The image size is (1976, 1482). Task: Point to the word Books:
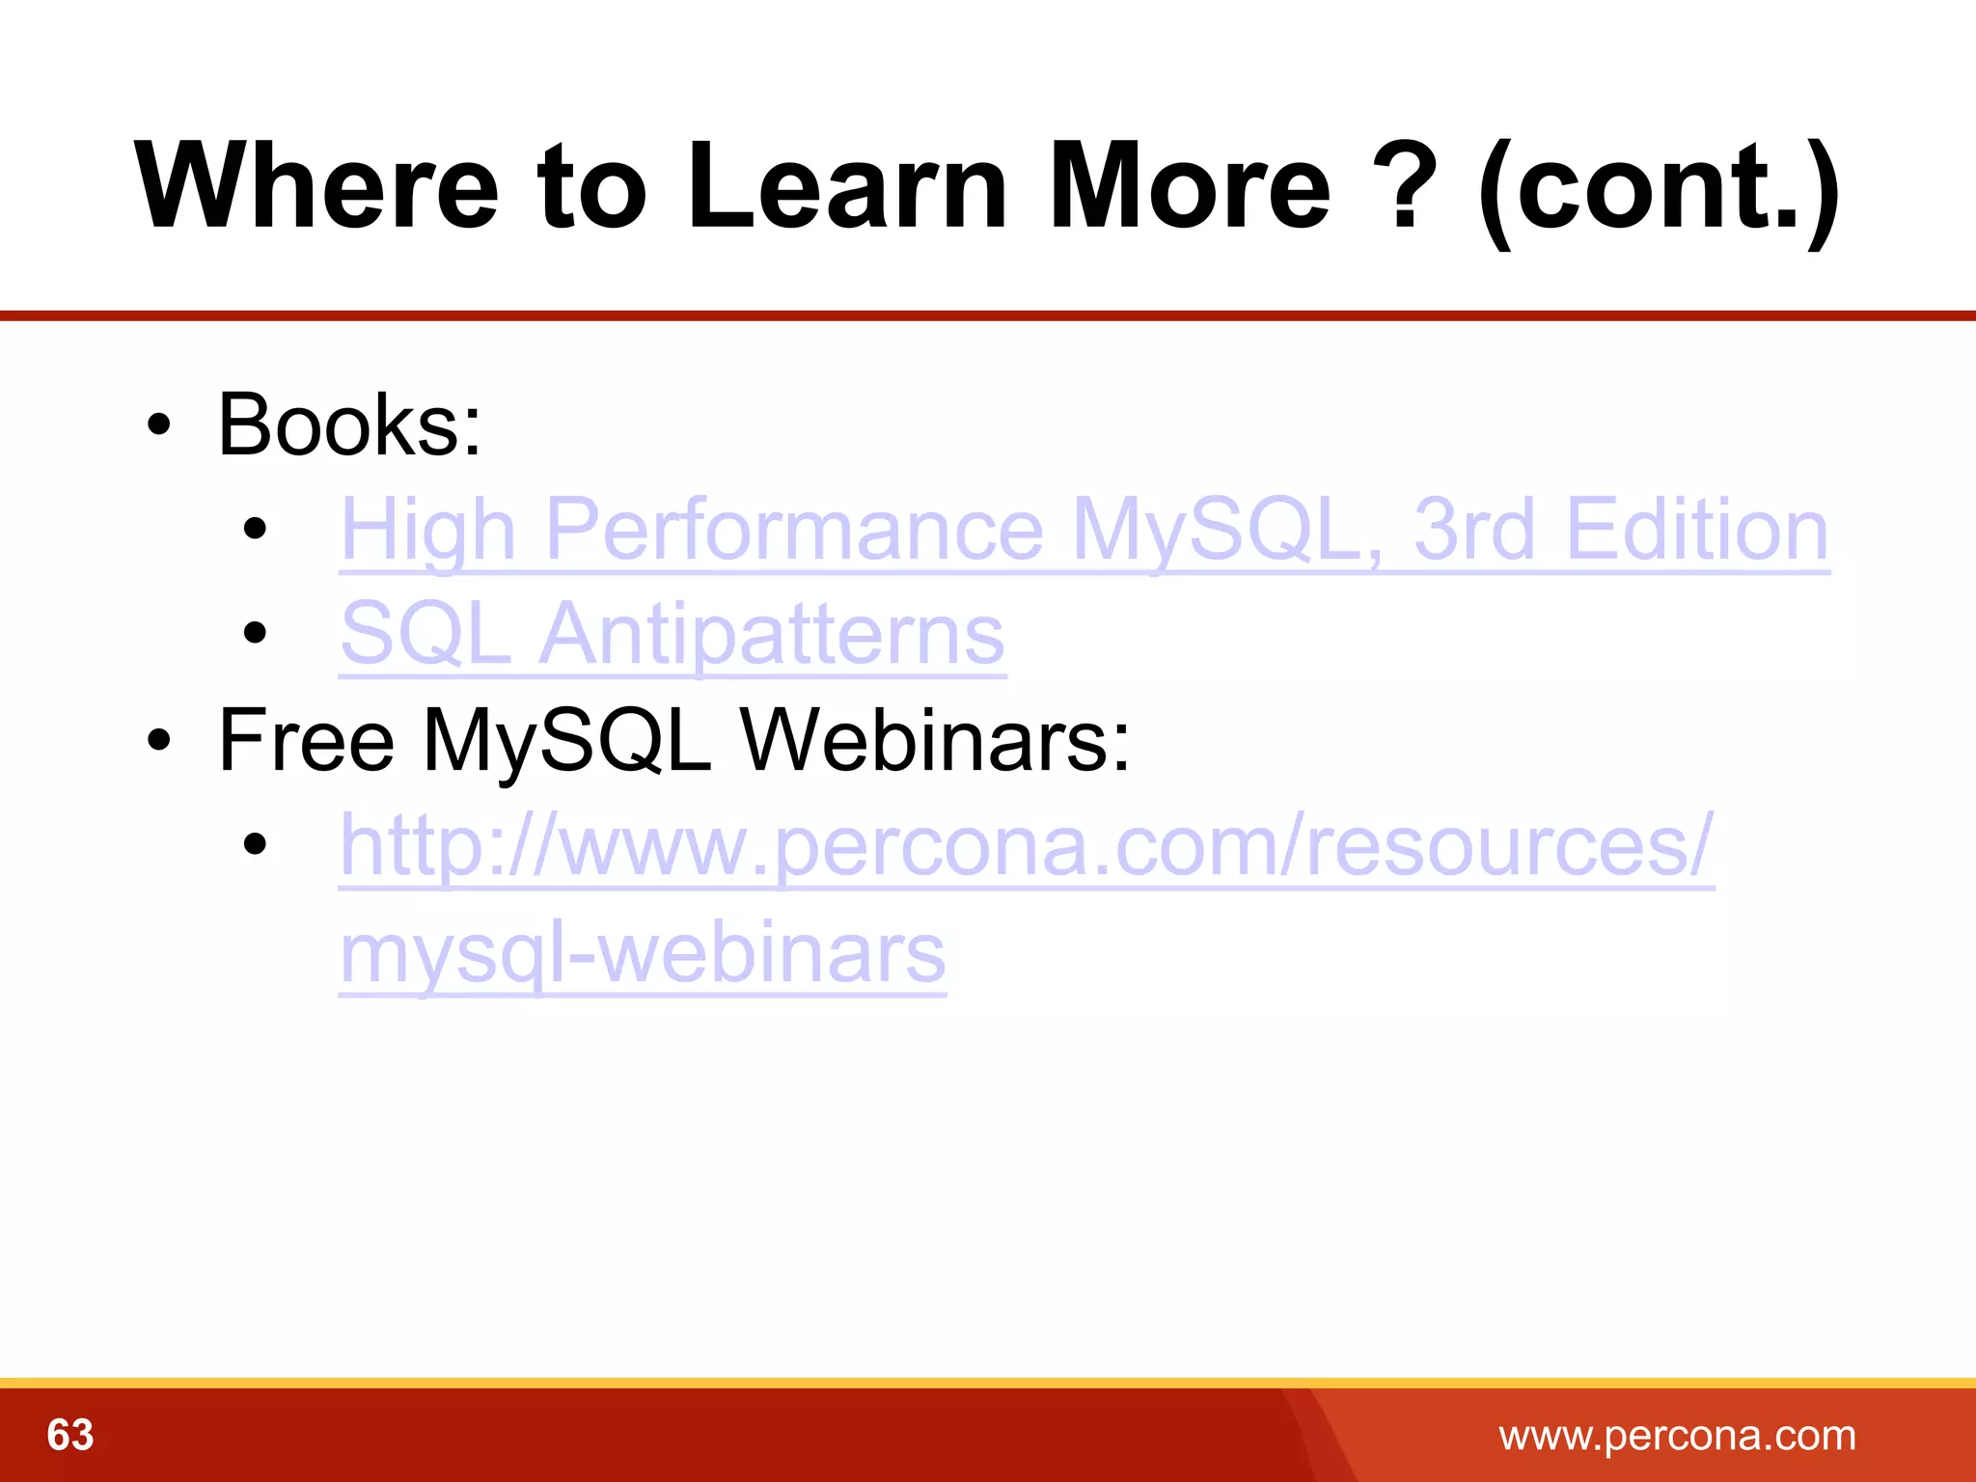349,425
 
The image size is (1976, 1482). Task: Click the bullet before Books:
159,425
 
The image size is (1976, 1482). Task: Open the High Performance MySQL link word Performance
793,530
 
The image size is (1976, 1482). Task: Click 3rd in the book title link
1473,530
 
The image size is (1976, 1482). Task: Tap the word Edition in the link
1696,530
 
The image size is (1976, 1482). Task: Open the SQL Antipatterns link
672,634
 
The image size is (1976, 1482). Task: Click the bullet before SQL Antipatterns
255,634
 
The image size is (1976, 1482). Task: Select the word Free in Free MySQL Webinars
307,740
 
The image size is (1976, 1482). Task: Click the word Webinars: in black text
934,740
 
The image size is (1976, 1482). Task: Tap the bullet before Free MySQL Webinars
159,740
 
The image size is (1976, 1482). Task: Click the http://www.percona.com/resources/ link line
1027,845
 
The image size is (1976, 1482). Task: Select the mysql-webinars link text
643,952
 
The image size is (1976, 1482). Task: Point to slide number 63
70,1435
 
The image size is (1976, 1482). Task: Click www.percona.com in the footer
1677,1436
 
